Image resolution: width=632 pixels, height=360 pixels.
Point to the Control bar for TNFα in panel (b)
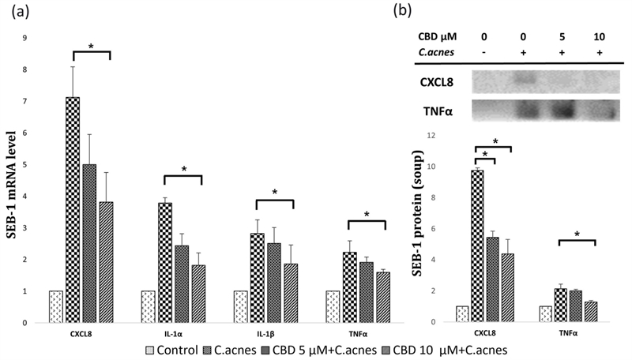coord(546,313)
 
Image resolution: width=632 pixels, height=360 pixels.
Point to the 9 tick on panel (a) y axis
coord(26,38)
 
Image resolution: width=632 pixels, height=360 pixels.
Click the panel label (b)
coord(426,9)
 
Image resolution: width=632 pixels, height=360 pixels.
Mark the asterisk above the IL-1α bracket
coord(183,169)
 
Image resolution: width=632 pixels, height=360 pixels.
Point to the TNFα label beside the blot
coord(438,111)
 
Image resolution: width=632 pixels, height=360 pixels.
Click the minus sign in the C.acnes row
coord(484,51)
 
